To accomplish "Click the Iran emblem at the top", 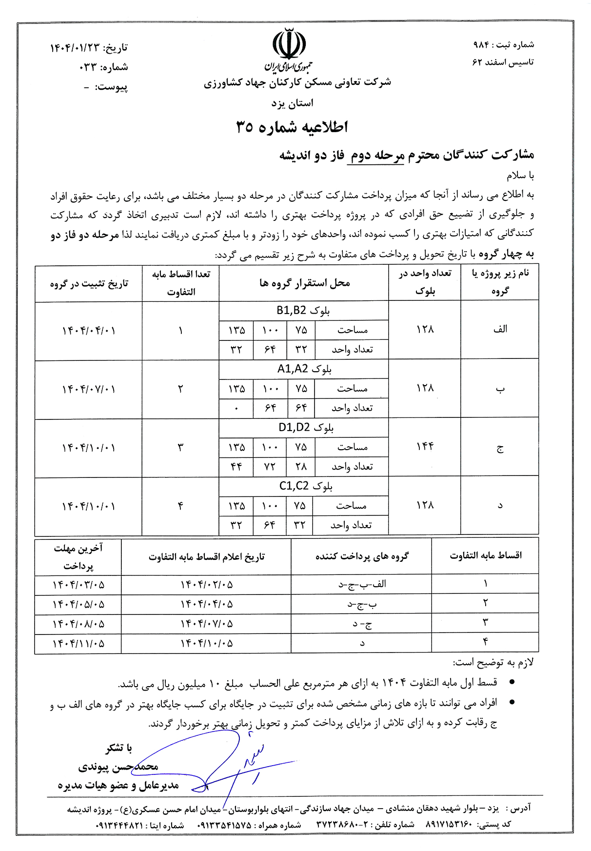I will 289,45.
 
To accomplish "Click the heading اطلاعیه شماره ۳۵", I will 292,127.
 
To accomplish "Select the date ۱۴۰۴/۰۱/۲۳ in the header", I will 75,48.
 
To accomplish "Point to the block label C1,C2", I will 306,486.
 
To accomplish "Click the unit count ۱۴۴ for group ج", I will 425,446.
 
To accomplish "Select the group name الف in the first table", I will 500,329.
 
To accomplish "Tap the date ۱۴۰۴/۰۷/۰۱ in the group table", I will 89,389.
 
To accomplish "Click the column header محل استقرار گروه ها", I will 304,283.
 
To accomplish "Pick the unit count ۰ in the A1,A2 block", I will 236,408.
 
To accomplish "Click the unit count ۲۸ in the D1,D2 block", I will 301,467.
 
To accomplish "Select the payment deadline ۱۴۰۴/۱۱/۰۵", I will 79,643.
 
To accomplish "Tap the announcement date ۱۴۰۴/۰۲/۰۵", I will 207,584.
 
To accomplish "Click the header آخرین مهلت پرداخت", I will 78,557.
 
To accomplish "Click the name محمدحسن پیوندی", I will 118,767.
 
